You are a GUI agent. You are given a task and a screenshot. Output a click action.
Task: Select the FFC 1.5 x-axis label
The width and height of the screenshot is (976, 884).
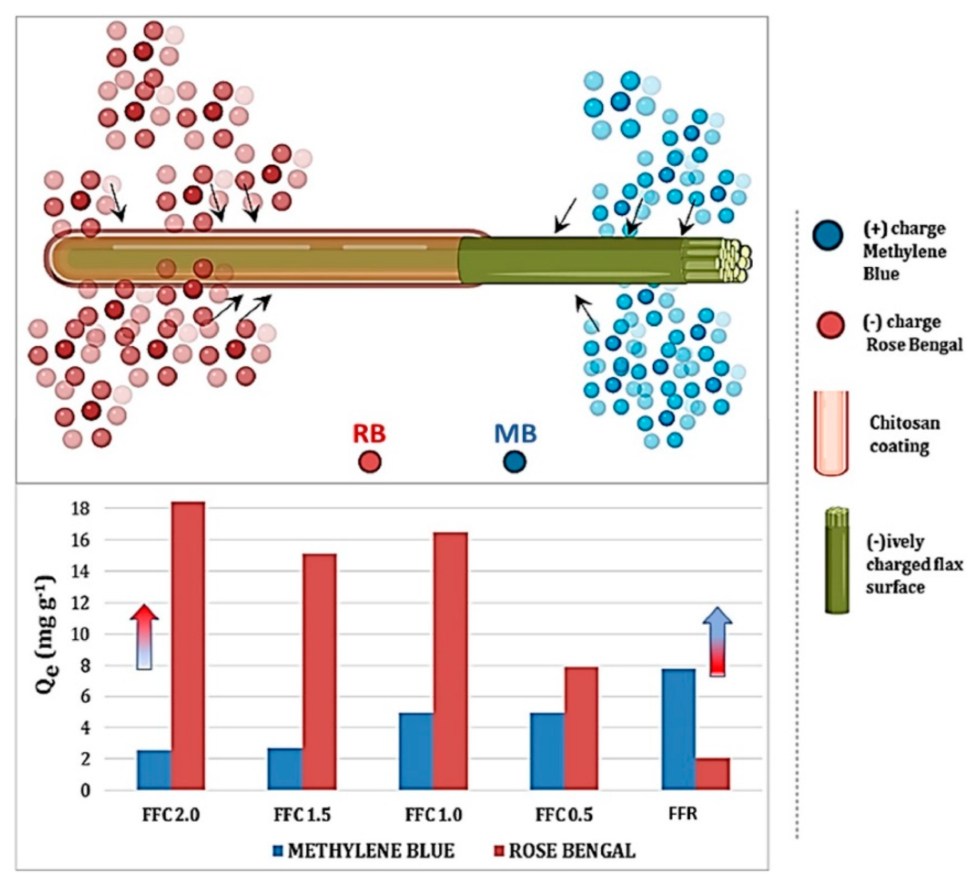coord(302,815)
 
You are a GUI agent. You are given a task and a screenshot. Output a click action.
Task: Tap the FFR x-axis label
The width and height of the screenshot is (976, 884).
coord(682,814)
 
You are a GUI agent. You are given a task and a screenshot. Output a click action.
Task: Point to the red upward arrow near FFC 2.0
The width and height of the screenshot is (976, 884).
coord(144,637)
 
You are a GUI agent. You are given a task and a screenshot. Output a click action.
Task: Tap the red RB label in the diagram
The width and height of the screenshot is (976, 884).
coord(369,433)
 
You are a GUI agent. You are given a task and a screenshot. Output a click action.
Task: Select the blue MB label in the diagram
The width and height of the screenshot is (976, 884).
coord(515,433)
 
